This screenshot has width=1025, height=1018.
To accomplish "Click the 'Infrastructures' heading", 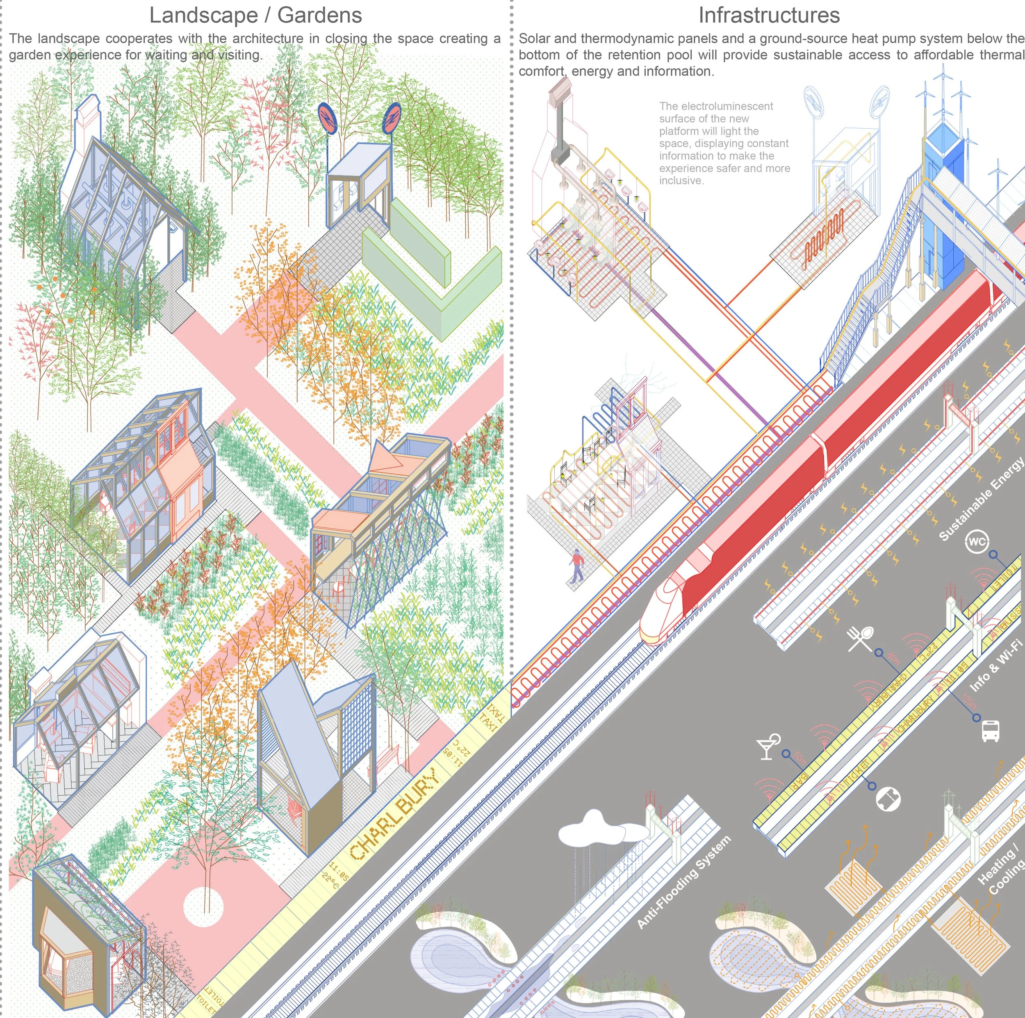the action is (x=769, y=16).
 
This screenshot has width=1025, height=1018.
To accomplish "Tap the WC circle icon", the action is (x=977, y=541).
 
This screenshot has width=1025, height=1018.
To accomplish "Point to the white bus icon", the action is (x=991, y=731).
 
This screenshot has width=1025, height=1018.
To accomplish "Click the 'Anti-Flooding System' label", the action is (x=684, y=882).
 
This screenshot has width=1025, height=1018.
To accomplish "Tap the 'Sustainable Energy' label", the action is (x=980, y=499).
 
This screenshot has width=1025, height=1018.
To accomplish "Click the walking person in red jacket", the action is (x=577, y=565).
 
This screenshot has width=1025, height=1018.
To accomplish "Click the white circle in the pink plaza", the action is (x=203, y=906).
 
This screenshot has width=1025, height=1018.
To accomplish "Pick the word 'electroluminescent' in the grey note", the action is (x=716, y=106).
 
